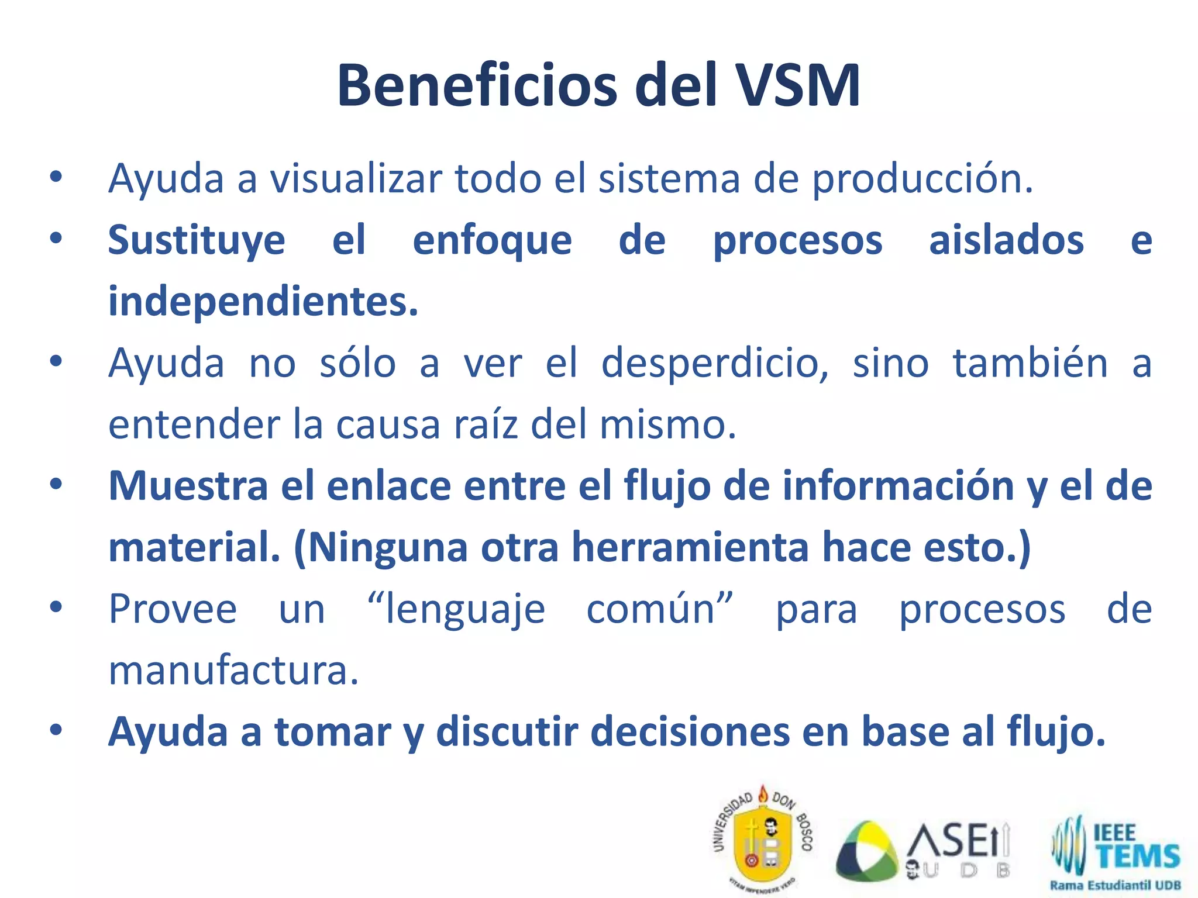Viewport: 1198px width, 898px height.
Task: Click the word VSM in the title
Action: (x=797, y=86)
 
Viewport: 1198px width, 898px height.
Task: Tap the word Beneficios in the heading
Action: (x=477, y=86)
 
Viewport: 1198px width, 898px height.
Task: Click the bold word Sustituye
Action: (x=197, y=241)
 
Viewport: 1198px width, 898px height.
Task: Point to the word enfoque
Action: (x=492, y=241)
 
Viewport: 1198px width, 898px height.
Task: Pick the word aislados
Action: (x=1006, y=240)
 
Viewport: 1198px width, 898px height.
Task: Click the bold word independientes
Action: (x=263, y=302)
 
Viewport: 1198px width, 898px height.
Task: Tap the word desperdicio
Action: (x=714, y=364)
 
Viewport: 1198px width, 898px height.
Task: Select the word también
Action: (x=1030, y=363)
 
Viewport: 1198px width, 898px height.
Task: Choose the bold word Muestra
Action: (x=188, y=486)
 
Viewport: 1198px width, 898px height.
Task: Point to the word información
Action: (x=898, y=486)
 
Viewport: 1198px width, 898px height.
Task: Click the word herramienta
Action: (x=690, y=548)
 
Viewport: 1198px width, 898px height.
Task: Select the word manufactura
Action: (x=233, y=671)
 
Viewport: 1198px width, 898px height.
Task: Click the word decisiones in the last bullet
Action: (x=690, y=731)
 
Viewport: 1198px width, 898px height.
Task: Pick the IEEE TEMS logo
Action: (x=1115, y=851)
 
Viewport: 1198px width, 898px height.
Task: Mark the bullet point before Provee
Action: (x=56, y=608)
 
